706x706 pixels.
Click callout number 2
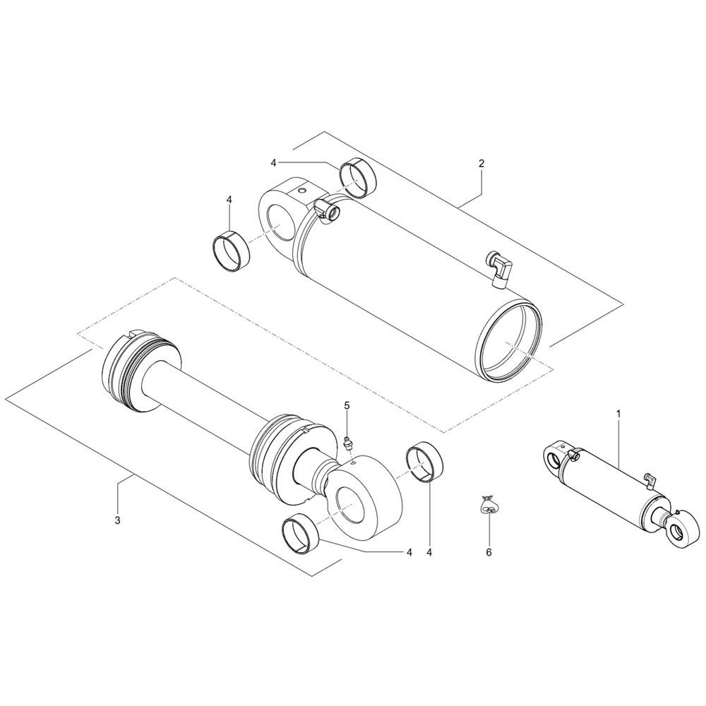pyautogui.click(x=481, y=163)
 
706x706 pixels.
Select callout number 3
pyautogui.click(x=117, y=520)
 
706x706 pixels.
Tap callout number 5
pyautogui.click(x=347, y=405)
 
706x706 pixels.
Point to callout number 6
pyautogui.click(x=489, y=552)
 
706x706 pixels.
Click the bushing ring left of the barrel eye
pyautogui.click(x=231, y=248)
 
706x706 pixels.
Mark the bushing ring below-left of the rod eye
pyautogui.click(x=300, y=532)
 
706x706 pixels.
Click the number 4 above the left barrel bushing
pyautogui.click(x=229, y=200)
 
